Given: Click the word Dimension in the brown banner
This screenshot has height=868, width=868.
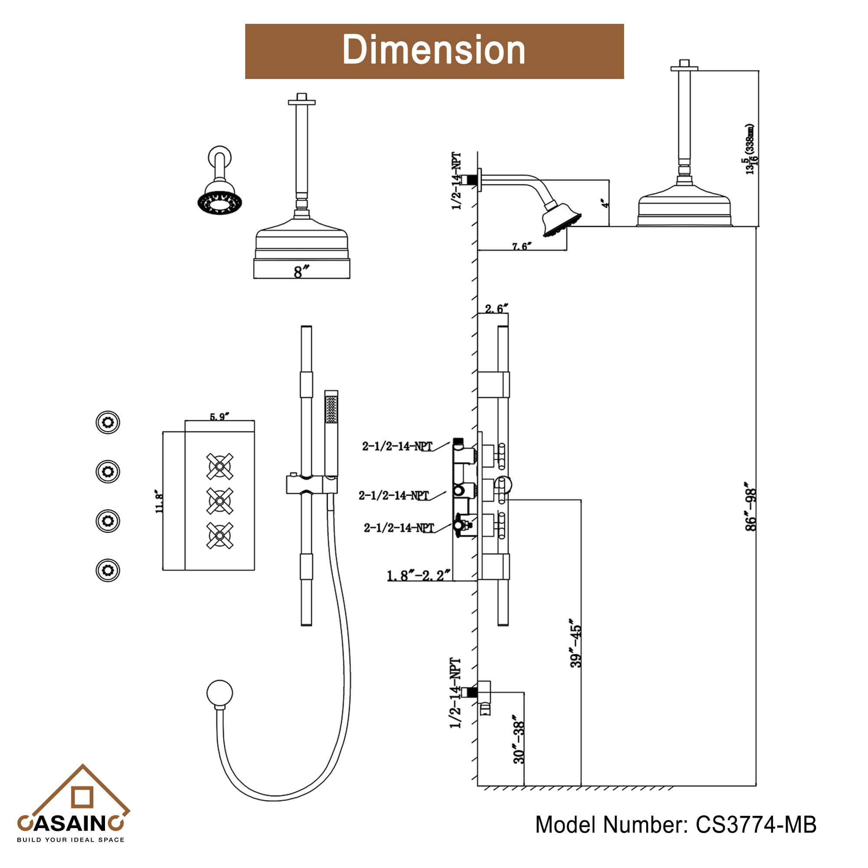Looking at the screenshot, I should tap(434, 50).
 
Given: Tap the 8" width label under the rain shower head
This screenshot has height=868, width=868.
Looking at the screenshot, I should tap(302, 271).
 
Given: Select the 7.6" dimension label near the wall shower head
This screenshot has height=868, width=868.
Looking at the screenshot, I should tap(521, 246).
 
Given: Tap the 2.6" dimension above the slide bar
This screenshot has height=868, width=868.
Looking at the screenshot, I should tap(496, 309).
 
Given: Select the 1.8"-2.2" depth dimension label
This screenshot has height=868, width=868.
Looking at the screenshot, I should tap(418, 575).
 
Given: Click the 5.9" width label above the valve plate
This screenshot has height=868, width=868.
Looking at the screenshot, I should tap(219, 417).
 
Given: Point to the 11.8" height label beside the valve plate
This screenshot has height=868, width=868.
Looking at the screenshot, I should tap(159, 502).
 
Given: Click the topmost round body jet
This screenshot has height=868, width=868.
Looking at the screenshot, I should tap(108, 422).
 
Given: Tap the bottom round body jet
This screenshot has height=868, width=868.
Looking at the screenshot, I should tap(108, 570).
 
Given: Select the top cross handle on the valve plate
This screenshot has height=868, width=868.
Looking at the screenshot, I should tap(220, 467).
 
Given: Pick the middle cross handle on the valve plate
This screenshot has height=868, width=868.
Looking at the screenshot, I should tap(220, 500).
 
